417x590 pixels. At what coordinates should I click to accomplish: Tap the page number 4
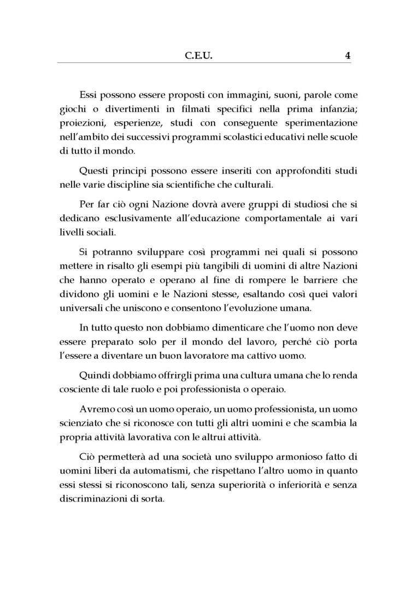tap(348, 55)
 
